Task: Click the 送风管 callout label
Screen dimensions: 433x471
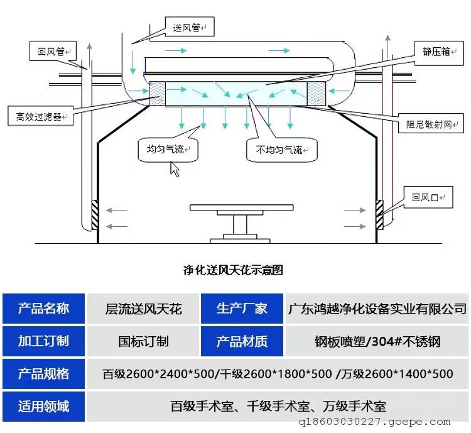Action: click(x=189, y=27)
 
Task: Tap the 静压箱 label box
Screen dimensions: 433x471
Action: click(x=436, y=52)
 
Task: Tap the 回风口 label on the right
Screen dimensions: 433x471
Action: click(x=428, y=198)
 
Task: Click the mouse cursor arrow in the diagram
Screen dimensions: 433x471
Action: click(x=175, y=169)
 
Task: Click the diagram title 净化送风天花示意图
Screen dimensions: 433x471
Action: click(x=233, y=270)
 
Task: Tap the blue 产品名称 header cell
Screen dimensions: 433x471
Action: click(x=43, y=309)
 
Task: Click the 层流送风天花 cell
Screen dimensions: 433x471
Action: click(x=143, y=309)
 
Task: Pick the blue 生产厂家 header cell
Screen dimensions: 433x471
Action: click(x=242, y=309)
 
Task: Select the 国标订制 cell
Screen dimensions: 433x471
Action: click(x=143, y=341)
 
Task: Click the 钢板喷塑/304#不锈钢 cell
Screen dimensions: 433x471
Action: click(x=377, y=341)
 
